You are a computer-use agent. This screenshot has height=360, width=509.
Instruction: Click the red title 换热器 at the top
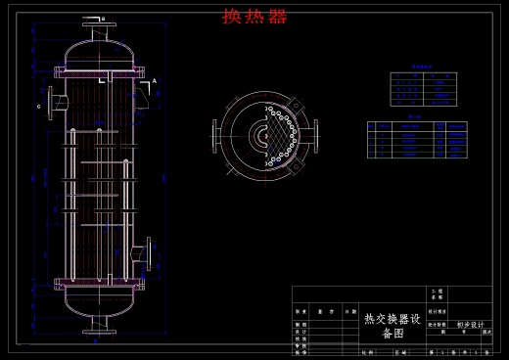click(254, 16)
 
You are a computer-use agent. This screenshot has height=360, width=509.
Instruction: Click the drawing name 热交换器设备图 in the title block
click(392, 325)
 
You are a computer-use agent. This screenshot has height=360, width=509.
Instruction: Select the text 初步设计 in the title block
click(470, 325)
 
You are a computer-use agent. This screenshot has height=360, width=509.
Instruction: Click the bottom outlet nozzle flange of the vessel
click(95, 332)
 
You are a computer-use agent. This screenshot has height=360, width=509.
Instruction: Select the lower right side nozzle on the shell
click(148, 252)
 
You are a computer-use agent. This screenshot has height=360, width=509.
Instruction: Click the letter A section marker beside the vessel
click(154, 80)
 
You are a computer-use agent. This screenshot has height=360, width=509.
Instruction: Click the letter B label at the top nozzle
click(104, 19)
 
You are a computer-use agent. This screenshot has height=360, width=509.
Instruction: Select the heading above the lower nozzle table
click(415, 116)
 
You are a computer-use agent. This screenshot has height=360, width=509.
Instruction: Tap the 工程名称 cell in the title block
click(437, 293)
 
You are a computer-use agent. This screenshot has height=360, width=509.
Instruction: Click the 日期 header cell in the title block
click(349, 310)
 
